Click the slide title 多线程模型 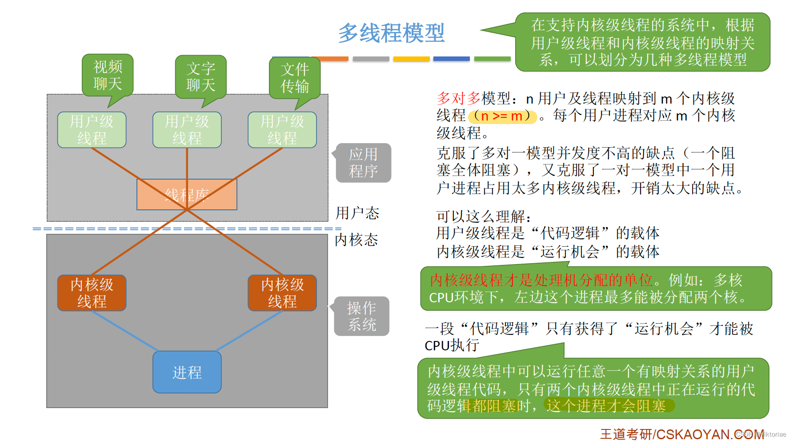[x=391, y=33]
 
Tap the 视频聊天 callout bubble [x=108, y=75]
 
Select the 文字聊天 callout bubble [x=200, y=76]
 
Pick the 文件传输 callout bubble [x=295, y=77]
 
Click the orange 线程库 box [x=187, y=195]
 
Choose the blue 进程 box [x=187, y=372]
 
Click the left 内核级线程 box [x=92, y=293]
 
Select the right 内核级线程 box [x=282, y=293]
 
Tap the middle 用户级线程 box [x=187, y=130]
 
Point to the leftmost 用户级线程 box [x=92, y=130]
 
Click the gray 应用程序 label [x=363, y=163]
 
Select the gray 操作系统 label [x=362, y=316]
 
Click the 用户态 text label [x=357, y=213]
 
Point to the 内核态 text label [x=356, y=240]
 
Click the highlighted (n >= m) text [x=502, y=116]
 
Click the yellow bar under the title [x=411, y=59]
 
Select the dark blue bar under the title [x=451, y=59]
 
